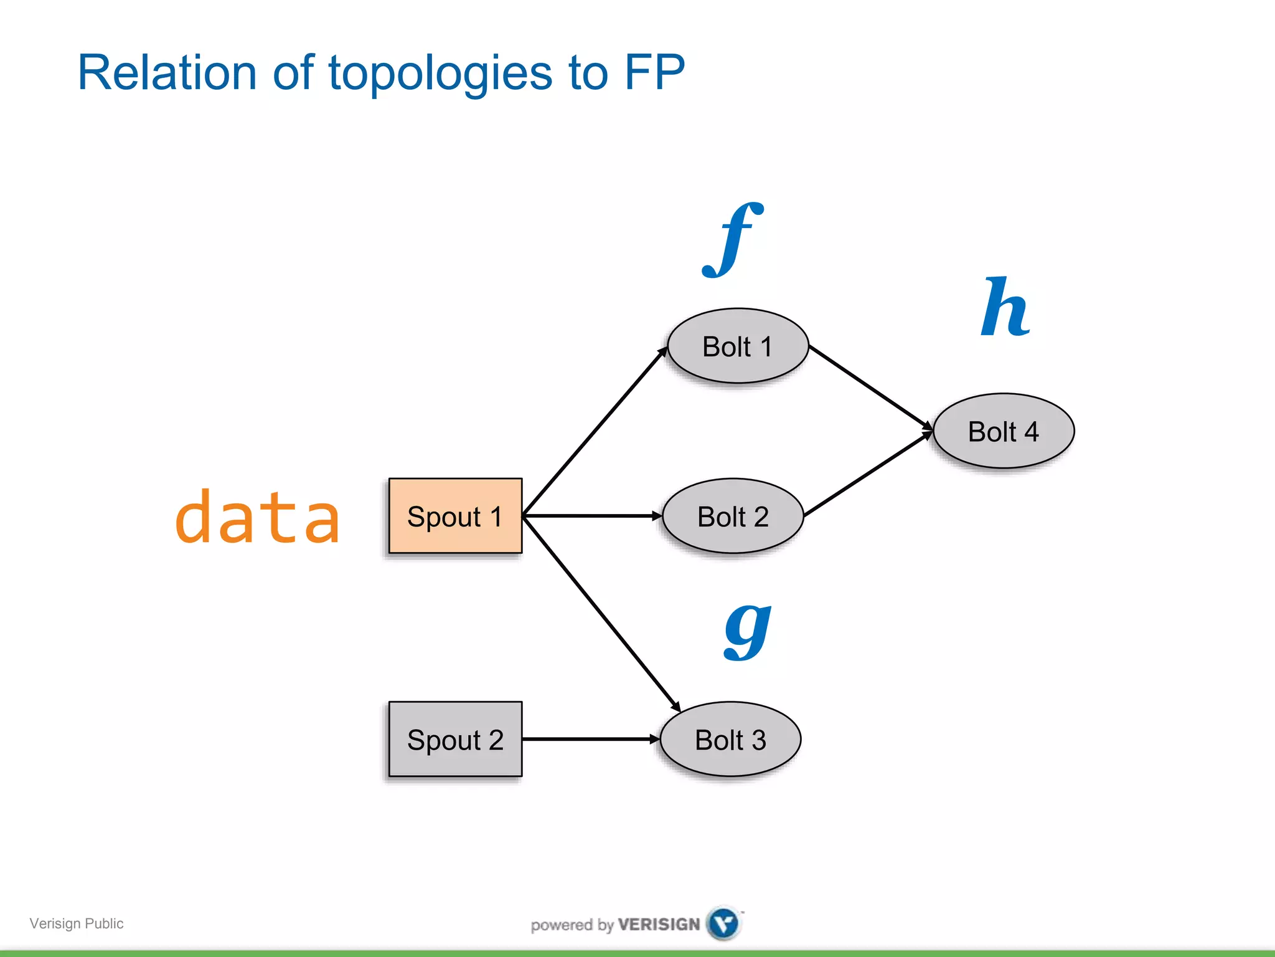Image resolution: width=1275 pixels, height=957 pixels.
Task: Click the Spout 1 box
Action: coord(455,516)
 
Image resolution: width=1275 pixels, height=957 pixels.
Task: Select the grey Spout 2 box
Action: coord(455,739)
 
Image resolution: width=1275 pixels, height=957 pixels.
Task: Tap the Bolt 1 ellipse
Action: coord(738,346)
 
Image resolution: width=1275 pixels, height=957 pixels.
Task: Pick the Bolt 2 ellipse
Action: coord(733,516)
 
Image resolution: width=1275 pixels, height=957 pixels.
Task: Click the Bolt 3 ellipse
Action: coord(730,740)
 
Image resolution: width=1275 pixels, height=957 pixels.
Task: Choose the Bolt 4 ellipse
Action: coord(1004,431)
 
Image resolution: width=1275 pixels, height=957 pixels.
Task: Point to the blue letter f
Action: coord(733,240)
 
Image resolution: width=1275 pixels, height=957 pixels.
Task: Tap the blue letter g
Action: coord(747,631)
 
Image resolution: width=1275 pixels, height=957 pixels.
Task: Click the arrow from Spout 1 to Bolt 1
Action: coord(595,432)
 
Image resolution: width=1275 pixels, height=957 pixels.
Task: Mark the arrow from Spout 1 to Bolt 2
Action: coord(591,516)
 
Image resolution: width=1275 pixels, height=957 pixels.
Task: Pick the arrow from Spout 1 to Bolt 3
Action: coord(601,614)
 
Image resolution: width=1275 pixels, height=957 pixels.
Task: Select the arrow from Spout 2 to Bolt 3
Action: coord(590,739)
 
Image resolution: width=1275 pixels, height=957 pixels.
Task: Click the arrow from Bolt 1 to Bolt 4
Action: coord(870,387)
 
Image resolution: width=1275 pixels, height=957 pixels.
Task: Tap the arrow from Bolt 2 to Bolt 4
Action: coord(868,474)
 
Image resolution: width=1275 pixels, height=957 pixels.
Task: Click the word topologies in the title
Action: coord(440,74)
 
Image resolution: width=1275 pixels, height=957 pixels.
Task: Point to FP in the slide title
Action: coord(654,72)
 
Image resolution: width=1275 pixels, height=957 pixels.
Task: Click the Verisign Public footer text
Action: coord(77,923)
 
